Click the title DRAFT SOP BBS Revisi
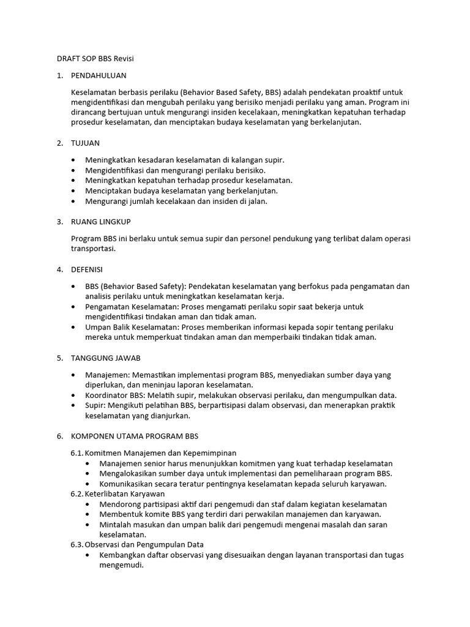[x=95, y=58]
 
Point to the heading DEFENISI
[x=87, y=269]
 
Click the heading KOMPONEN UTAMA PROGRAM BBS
[x=135, y=436]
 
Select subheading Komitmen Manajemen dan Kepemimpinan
[x=160, y=452]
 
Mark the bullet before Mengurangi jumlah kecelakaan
[x=74, y=201]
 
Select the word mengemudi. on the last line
[x=121, y=566]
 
